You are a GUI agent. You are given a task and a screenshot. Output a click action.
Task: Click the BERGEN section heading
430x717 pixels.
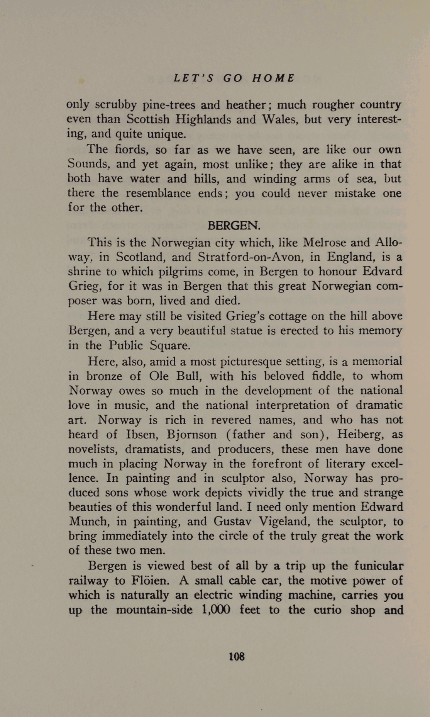point(234,225)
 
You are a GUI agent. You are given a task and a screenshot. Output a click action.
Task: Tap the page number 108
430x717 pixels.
point(237,656)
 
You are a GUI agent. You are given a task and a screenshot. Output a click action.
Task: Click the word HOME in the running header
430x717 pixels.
point(273,78)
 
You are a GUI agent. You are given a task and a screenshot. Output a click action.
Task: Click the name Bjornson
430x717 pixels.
point(191,434)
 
